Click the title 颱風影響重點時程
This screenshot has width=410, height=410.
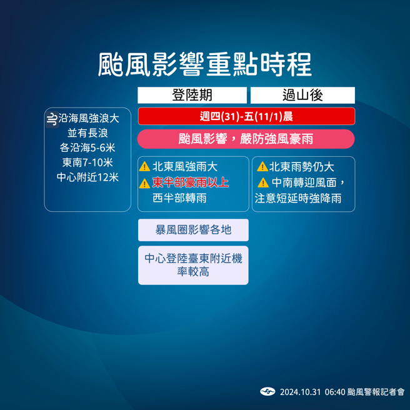(204, 65)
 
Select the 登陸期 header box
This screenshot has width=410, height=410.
(192, 95)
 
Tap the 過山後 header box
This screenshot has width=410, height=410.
(302, 95)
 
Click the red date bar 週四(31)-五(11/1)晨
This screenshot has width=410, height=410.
(246, 116)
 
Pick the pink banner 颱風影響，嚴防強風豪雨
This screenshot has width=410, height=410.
(246, 139)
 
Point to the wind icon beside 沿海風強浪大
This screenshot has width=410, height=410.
(52, 118)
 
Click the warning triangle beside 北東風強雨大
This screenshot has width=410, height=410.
(144, 167)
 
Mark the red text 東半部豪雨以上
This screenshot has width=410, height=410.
(191, 182)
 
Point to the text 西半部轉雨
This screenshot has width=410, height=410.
(179, 198)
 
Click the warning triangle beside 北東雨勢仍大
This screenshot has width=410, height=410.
(262, 167)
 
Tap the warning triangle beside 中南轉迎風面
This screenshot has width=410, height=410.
(263, 182)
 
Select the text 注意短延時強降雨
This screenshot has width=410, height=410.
(298, 198)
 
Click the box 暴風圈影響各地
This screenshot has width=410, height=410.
(193, 230)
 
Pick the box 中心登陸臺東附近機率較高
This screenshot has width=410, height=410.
(193, 265)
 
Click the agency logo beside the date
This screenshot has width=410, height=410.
(267, 392)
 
